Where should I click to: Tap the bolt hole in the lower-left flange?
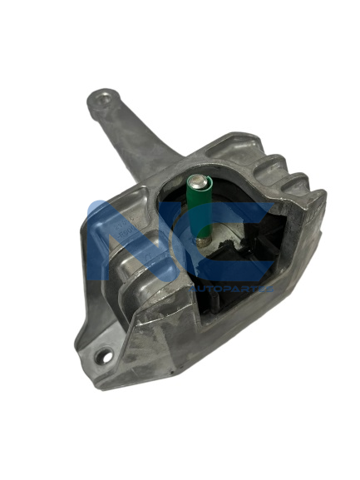coord(104,357)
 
